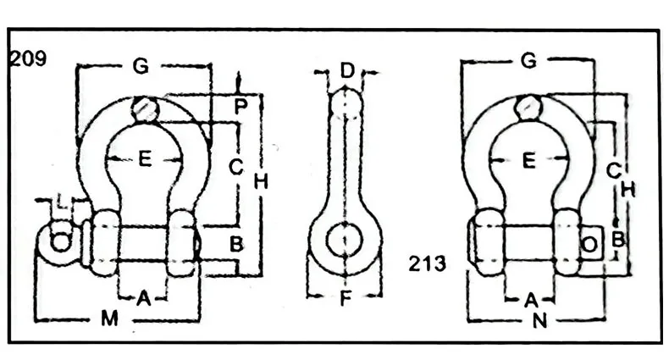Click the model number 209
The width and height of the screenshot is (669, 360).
(29, 59)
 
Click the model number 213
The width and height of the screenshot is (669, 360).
(427, 263)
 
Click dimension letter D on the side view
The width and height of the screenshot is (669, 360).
(346, 70)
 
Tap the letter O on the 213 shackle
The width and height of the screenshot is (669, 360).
(590, 244)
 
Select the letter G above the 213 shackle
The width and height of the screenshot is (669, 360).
(528, 61)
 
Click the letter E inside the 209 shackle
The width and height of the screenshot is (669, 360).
(145, 158)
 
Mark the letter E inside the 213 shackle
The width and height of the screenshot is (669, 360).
(529, 159)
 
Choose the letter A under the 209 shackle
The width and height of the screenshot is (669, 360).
(143, 297)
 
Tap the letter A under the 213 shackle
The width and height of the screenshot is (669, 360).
(531, 298)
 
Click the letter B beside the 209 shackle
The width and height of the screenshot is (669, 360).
(236, 245)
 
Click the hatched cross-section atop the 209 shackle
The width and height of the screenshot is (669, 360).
(145, 110)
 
